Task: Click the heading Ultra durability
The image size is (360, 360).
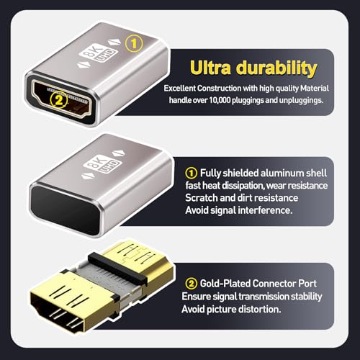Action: (x=253, y=68)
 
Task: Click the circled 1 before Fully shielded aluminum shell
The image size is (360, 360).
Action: (x=192, y=173)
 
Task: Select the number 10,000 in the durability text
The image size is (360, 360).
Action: (x=232, y=100)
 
